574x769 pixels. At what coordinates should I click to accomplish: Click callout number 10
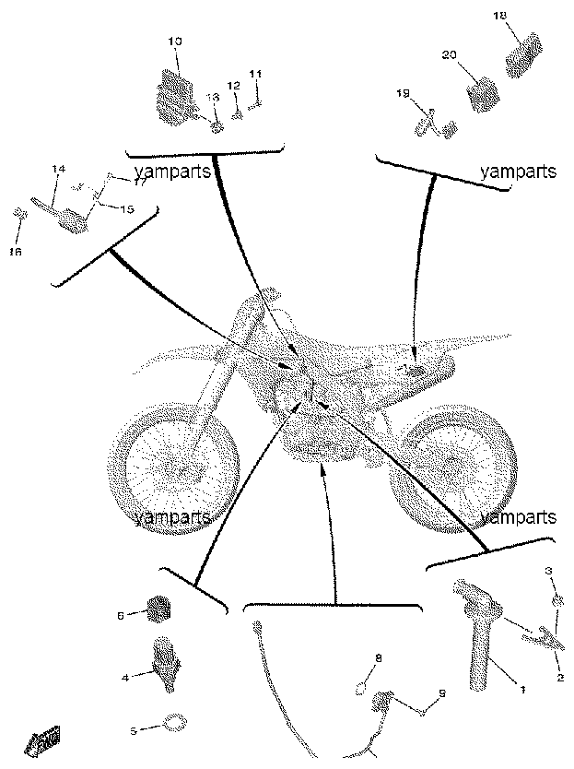coord(175,41)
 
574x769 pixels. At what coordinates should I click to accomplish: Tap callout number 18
coord(499,16)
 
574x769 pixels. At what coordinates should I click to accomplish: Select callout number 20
coord(449,55)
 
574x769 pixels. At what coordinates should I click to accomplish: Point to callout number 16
coord(15,252)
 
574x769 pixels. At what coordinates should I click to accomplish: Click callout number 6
coord(121,615)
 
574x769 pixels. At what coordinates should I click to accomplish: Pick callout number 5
coord(134,731)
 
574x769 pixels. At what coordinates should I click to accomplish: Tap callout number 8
coord(378,658)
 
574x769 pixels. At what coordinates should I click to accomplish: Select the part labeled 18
coord(524,55)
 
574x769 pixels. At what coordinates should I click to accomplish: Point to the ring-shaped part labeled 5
coord(175,723)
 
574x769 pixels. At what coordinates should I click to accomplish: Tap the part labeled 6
coord(158,609)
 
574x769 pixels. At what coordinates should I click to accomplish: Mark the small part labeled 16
coord(19,213)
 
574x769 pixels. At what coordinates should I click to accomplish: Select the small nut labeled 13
coord(217,128)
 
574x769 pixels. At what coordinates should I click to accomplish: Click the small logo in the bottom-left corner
coord(43,739)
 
